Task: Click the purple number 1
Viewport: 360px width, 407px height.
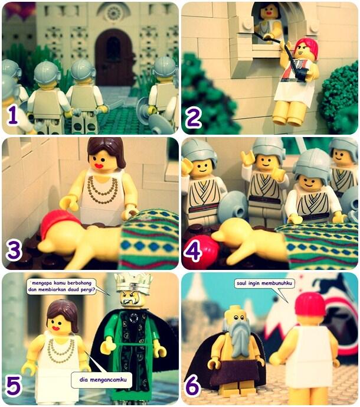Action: (x=13, y=115)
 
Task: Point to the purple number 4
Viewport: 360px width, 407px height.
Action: (x=192, y=250)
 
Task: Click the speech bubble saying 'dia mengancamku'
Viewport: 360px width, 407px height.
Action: (x=103, y=379)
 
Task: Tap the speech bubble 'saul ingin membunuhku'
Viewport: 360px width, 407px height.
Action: (x=264, y=283)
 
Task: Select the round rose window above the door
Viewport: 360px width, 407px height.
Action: (x=113, y=12)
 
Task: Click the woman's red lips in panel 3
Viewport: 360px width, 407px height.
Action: (x=99, y=165)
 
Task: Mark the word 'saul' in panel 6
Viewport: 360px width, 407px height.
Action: (x=242, y=283)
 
